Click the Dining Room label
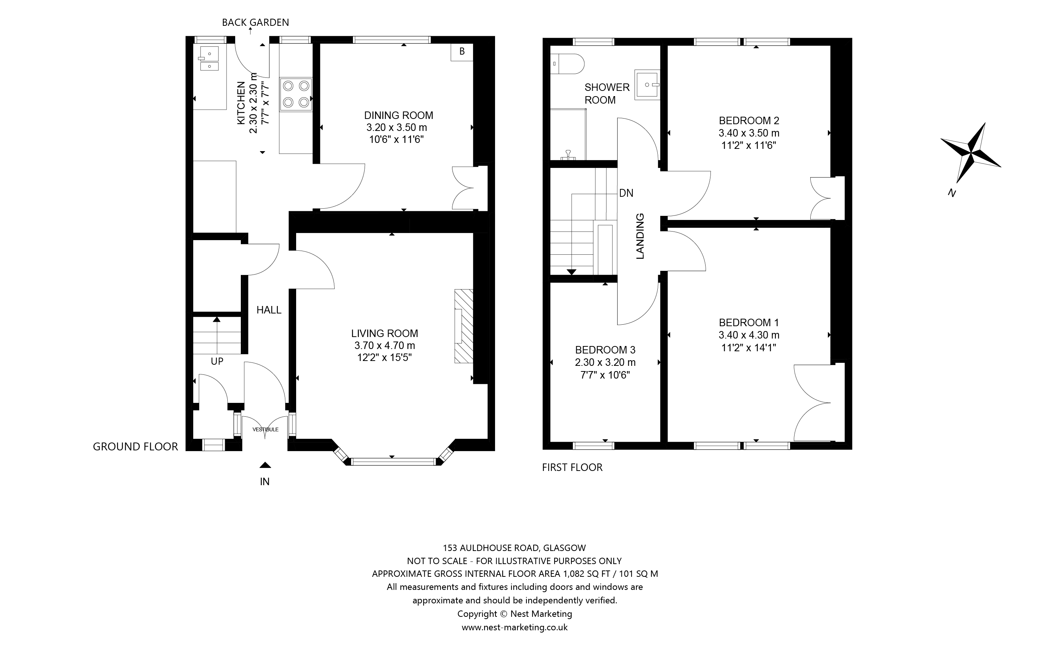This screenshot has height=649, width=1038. pos(399,116)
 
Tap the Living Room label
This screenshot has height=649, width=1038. pos(384,334)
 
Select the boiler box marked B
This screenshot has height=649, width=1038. pos(462,52)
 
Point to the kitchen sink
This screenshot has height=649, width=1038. pos(208,58)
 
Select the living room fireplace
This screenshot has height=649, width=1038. pos(464,326)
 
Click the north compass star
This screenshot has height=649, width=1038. pos(971,152)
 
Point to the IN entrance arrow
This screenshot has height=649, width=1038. pos(265,465)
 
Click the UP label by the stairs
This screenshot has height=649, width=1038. pos(217,361)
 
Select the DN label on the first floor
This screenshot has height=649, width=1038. pos(626,193)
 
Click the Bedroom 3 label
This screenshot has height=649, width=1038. pos(605,350)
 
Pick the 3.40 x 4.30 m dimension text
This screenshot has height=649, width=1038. pos(749,335)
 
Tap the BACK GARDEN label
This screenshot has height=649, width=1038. pos(255,22)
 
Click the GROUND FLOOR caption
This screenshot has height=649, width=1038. pos(135,447)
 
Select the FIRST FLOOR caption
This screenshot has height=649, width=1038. pos(572,468)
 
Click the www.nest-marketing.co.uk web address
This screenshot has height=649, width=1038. pos(515,628)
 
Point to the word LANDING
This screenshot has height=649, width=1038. pos(640,236)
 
